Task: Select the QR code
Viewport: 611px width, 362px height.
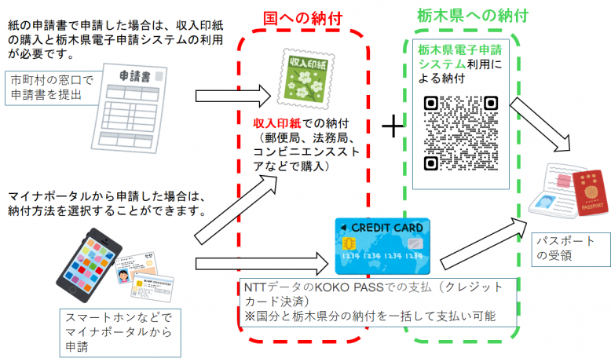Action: click(461, 132)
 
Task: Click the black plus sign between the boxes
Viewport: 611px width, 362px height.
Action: click(392, 126)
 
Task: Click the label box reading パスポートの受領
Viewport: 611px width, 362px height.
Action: click(568, 248)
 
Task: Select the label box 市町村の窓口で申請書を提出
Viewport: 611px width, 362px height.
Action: click(55, 88)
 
